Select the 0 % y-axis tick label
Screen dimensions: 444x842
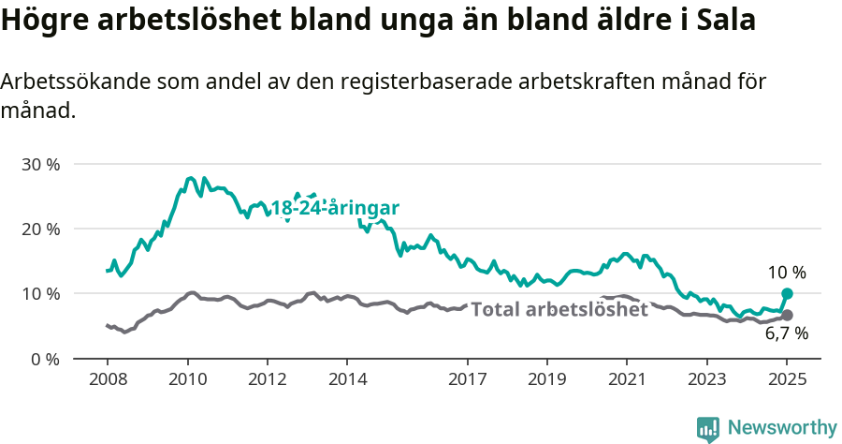(46, 359)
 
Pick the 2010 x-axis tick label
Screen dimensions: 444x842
(187, 381)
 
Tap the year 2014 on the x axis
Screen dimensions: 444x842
(347, 381)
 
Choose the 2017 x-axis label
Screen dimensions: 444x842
(468, 381)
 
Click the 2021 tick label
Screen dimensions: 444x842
(627, 381)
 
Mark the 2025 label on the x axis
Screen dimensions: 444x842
(787, 381)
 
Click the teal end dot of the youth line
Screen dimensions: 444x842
(787, 294)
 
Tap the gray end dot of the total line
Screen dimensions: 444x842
(787, 316)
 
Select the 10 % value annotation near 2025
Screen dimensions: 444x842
(787, 273)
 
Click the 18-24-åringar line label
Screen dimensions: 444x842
(335, 208)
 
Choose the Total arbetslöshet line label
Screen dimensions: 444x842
(559, 309)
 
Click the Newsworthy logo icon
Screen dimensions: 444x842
(708, 428)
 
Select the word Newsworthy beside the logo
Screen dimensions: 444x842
(782, 428)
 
